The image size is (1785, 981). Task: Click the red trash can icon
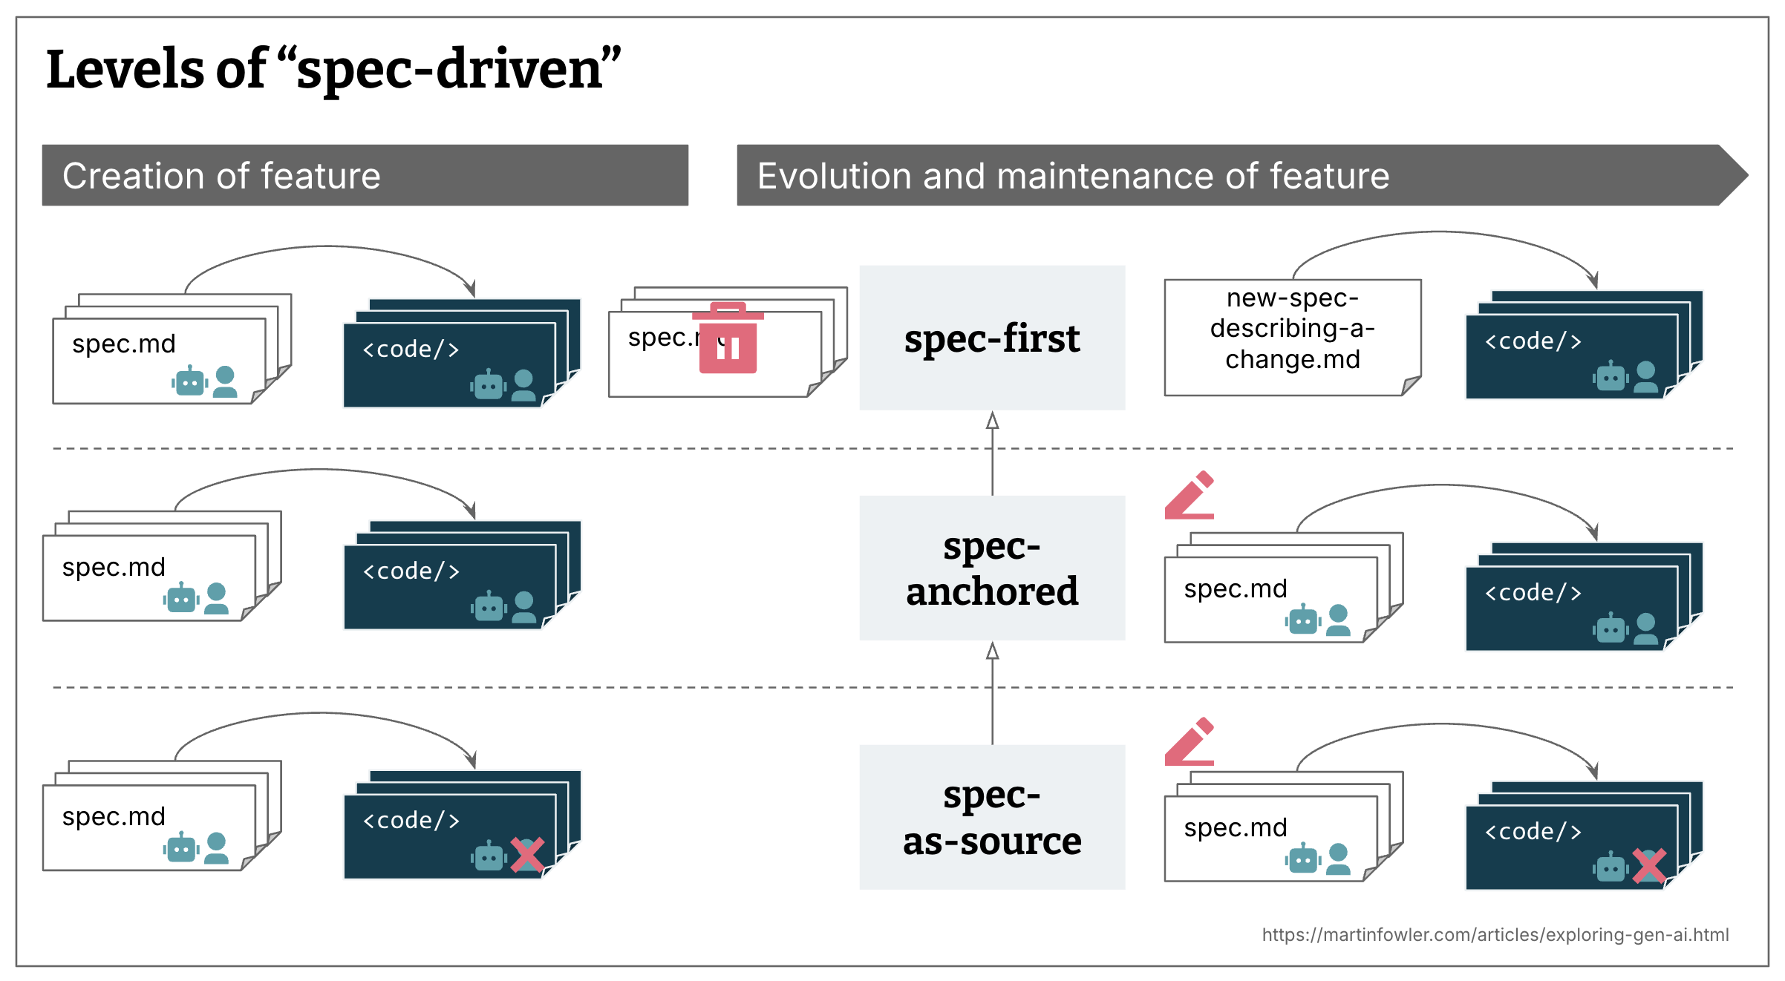[x=728, y=340]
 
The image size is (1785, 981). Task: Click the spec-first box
[x=992, y=338]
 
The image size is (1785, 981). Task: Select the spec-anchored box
[x=992, y=568]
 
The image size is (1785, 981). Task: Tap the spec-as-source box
[x=992, y=817]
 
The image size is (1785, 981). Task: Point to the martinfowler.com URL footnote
[x=1495, y=934]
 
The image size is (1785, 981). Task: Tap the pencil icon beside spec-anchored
[x=1190, y=495]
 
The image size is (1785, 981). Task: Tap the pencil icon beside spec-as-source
[x=1190, y=741]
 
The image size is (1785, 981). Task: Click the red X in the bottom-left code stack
[x=527, y=855]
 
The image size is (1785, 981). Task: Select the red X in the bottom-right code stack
[x=1649, y=866]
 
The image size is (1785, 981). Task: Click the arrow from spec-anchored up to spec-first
[x=992, y=453]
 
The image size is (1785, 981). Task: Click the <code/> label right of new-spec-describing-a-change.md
[x=1533, y=341]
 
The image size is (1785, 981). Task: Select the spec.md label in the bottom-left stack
[x=114, y=816]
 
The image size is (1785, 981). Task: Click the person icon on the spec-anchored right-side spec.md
[x=1338, y=620]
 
